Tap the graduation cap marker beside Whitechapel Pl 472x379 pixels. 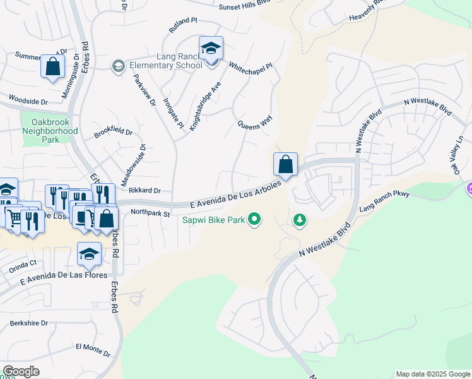(x=211, y=49)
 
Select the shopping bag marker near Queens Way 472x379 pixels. (x=285, y=164)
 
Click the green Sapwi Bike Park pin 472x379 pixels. (x=254, y=220)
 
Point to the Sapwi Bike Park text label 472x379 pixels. (x=213, y=220)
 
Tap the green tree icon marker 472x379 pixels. (x=300, y=220)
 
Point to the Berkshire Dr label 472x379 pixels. (x=28, y=323)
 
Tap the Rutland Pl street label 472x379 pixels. (x=184, y=25)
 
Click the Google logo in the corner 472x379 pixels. (x=21, y=371)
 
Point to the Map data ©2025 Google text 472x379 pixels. (x=433, y=374)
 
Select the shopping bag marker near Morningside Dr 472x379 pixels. (x=52, y=66)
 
